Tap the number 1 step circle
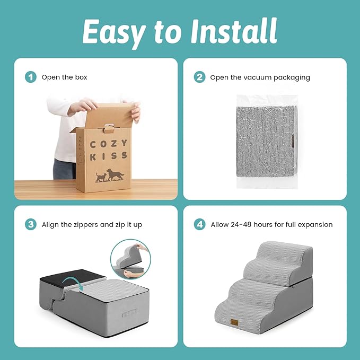click(31, 77)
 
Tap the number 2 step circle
click(199, 77)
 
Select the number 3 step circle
click(31, 224)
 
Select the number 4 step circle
click(199, 224)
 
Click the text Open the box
click(65, 77)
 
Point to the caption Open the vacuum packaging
click(260, 77)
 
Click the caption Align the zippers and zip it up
click(92, 224)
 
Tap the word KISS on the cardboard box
click(108, 156)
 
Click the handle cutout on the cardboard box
click(110, 128)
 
